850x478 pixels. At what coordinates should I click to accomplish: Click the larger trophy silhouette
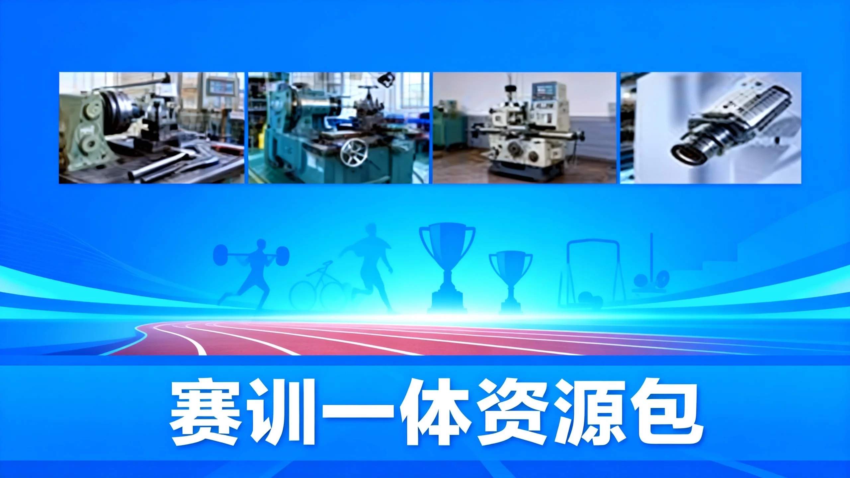pyautogui.click(x=447, y=268)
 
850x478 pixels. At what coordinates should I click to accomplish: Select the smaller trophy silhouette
pyautogui.click(x=511, y=280)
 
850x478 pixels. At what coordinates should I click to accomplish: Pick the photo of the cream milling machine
pyautogui.click(x=524, y=128)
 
